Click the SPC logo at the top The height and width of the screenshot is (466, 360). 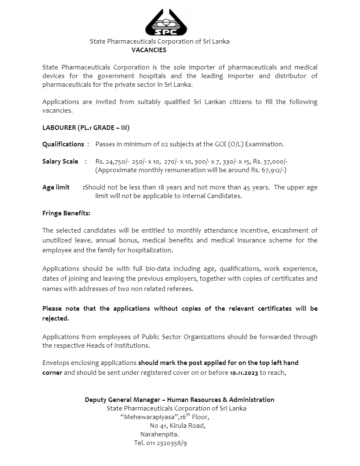click(x=166, y=23)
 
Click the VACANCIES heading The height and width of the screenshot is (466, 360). click(x=149, y=50)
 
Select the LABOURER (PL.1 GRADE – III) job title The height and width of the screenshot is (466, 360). click(x=86, y=127)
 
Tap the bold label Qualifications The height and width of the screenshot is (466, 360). click(x=63, y=144)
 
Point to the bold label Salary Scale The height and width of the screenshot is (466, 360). click(x=60, y=161)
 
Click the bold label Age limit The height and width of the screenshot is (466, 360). click(x=56, y=187)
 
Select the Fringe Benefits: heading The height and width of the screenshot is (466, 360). click(x=66, y=213)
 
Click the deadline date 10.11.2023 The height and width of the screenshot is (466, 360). click(x=244, y=373)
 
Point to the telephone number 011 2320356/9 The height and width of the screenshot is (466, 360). click(x=166, y=443)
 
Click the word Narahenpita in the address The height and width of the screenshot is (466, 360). click(x=159, y=434)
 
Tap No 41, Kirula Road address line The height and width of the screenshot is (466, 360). click(x=178, y=426)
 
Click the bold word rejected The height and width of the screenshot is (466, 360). click(x=55, y=318)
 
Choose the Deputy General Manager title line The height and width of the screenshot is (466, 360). click(x=179, y=399)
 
